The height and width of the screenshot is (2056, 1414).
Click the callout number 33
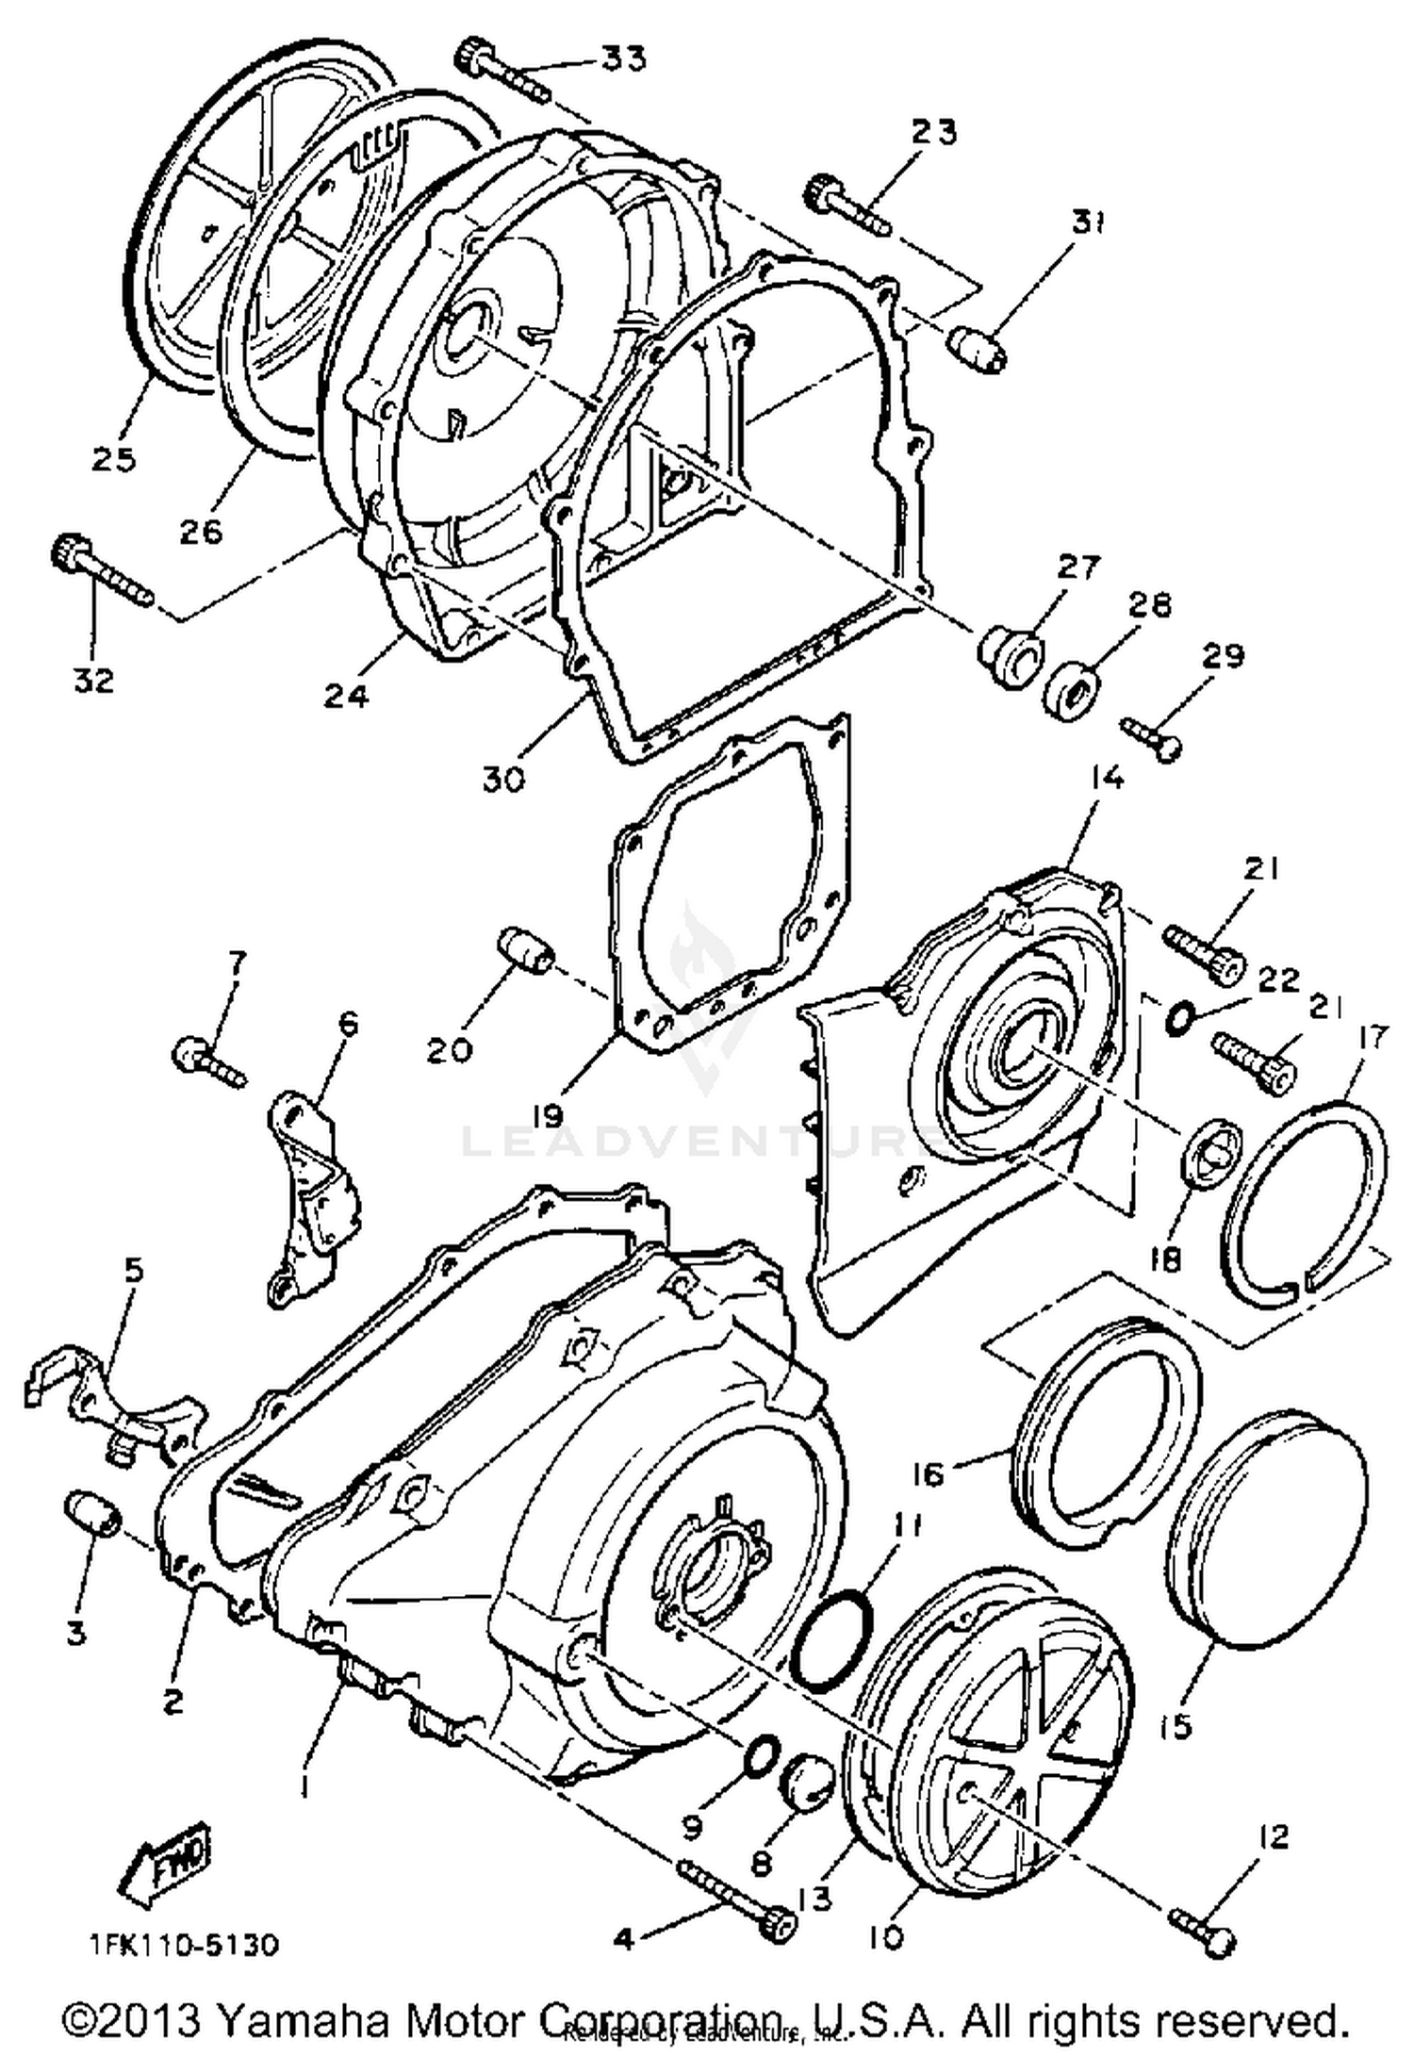coord(624,58)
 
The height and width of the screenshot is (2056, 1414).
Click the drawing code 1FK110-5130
coord(185,1943)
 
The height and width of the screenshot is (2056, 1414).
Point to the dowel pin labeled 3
coord(91,1515)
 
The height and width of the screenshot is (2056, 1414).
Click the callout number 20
coord(449,1049)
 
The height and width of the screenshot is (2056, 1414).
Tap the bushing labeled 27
coord(1011,650)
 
